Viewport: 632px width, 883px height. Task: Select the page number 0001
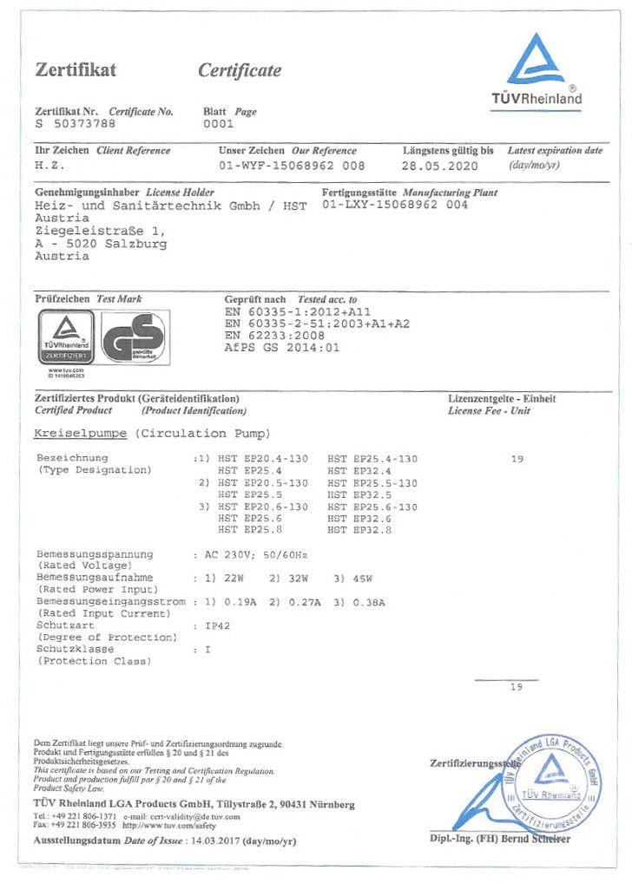[218, 125]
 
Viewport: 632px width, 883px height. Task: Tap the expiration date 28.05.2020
[440, 165]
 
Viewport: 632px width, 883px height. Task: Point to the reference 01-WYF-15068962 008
[292, 165]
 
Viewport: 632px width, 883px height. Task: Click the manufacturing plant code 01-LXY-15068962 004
[394, 206]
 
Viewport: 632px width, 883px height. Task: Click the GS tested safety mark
[134, 338]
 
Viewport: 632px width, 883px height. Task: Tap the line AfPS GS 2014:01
[282, 347]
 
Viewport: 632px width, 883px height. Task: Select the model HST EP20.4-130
[263, 458]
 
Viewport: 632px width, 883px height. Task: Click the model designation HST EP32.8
[359, 529]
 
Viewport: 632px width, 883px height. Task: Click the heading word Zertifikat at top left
[76, 70]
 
